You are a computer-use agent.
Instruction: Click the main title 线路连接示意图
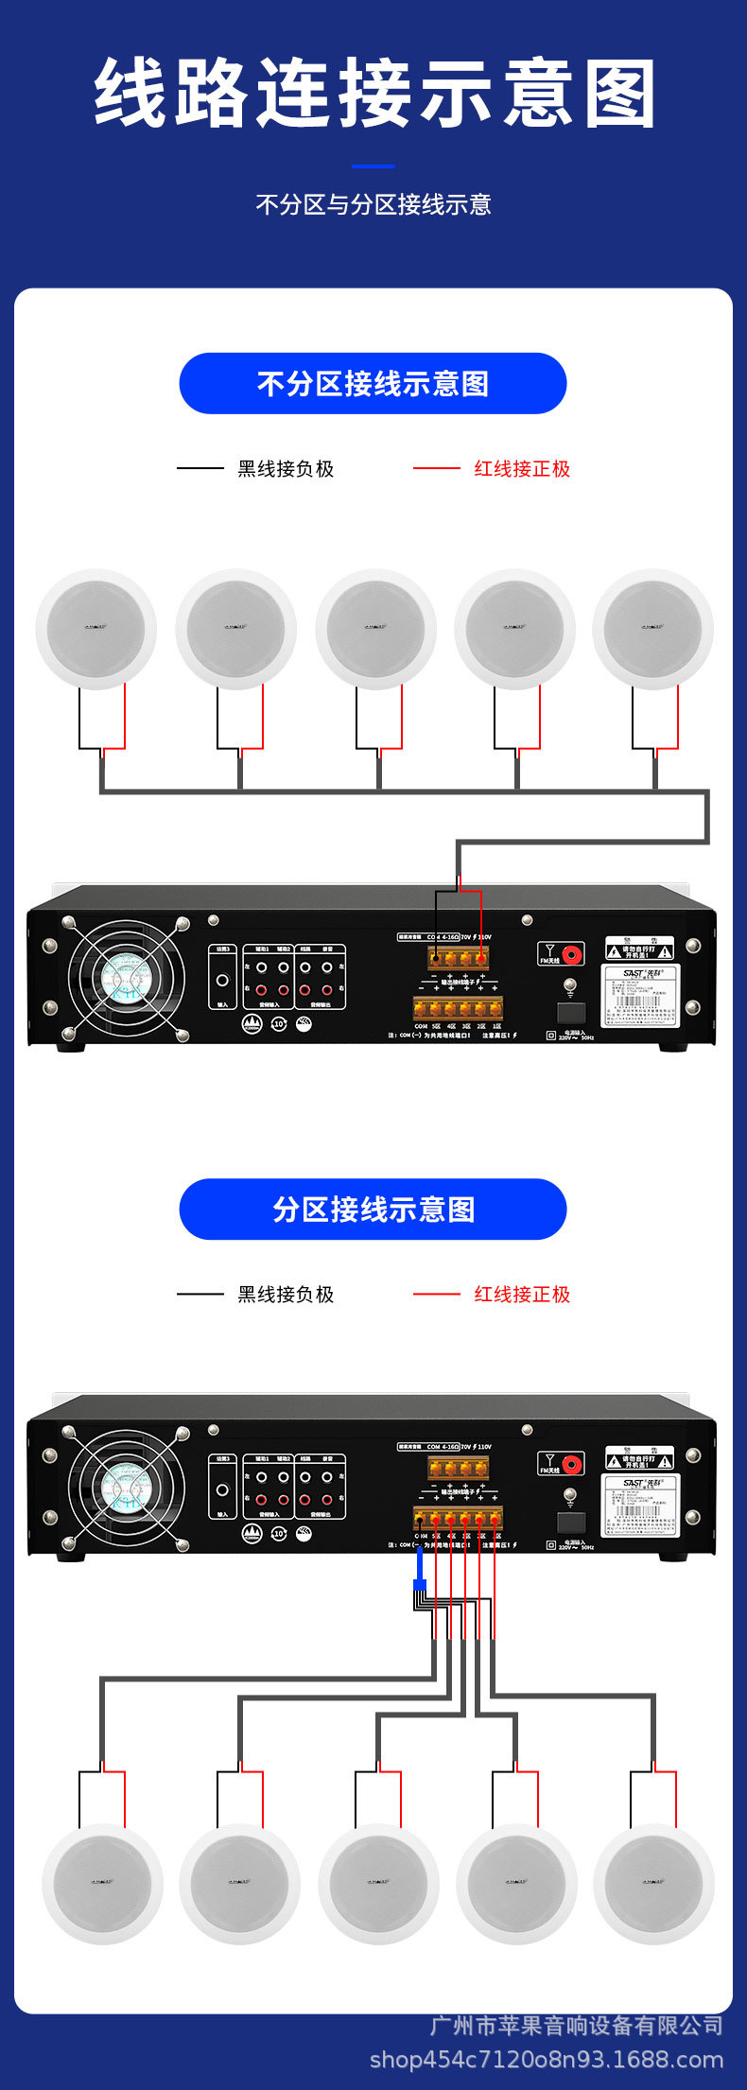(x=373, y=94)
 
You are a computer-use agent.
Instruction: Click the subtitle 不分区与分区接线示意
(x=373, y=204)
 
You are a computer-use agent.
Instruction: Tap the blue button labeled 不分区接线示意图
(x=373, y=383)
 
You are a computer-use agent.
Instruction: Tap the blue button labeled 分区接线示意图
(x=373, y=1209)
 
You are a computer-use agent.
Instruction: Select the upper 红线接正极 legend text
(x=522, y=469)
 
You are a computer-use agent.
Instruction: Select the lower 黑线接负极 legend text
(x=286, y=1295)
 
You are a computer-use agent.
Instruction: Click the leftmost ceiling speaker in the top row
(x=96, y=629)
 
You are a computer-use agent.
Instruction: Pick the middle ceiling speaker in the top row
(x=375, y=629)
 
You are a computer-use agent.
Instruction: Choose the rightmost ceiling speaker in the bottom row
(x=653, y=1884)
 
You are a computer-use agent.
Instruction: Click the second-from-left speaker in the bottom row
(x=240, y=1884)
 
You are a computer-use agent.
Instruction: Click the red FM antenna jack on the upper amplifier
(x=571, y=953)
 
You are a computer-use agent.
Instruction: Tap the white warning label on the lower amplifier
(x=639, y=1458)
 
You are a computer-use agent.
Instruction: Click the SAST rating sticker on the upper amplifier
(x=640, y=995)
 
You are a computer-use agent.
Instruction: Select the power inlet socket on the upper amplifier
(x=571, y=1013)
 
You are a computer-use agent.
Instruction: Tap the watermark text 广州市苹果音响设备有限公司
(x=576, y=2025)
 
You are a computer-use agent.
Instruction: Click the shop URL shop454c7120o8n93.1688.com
(x=546, y=2060)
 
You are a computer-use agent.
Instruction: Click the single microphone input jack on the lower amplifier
(x=222, y=1490)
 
